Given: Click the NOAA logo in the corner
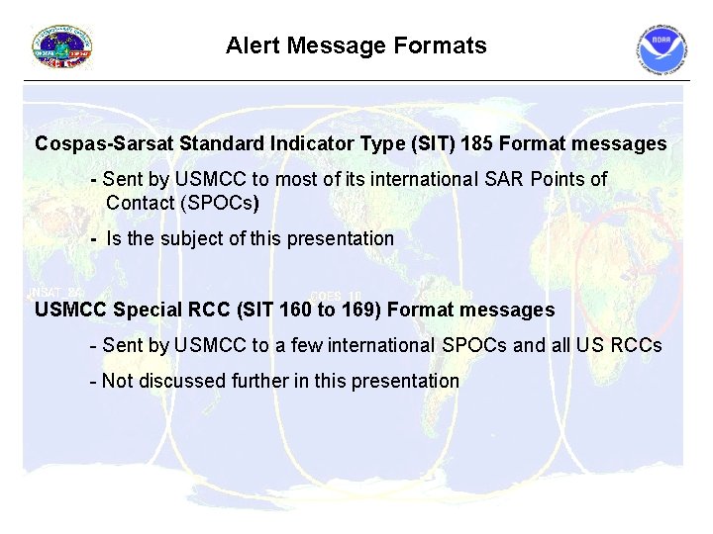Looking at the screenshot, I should click(662, 50).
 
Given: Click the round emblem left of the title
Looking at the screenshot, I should click(62, 47).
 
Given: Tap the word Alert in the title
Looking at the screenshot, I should click(252, 45).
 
